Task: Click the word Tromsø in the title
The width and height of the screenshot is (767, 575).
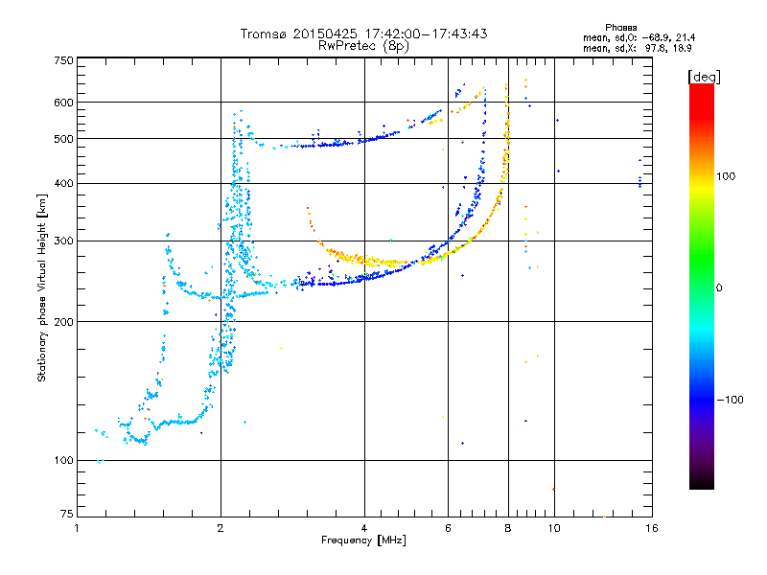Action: point(265,34)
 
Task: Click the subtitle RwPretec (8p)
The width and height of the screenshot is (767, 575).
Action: point(363,46)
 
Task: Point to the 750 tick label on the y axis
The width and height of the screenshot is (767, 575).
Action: point(64,60)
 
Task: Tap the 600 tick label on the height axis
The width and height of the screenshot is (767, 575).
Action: point(64,103)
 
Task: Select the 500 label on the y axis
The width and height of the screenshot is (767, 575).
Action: point(64,139)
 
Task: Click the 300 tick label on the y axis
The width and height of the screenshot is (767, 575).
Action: point(64,241)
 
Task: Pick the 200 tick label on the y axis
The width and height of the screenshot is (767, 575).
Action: point(64,322)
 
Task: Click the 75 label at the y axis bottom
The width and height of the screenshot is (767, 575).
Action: point(67,514)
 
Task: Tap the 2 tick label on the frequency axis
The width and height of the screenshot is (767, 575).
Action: point(221,528)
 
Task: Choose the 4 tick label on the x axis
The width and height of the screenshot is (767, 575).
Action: point(364,528)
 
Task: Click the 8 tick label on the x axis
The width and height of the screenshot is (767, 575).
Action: point(508,528)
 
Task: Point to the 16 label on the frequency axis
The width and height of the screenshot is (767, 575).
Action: point(652,528)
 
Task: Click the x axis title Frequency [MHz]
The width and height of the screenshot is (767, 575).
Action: point(363,540)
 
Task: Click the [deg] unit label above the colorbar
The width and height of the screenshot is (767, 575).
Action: point(704,77)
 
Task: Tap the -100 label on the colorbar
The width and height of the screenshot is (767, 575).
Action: point(731,400)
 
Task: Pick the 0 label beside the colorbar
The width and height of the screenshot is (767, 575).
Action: point(719,287)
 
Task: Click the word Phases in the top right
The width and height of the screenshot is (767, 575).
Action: point(620,28)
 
